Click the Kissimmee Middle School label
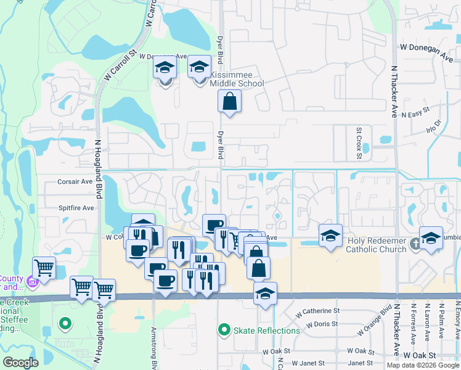pyautogui.click(x=237, y=79)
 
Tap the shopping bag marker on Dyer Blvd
pyautogui.click(x=229, y=102)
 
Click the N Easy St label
pyautogui.click(x=415, y=115)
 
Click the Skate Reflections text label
pyautogui.click(x=267, y=331)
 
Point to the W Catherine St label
pyautogui.click(x=317, y=311)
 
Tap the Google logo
pyautogui.click(x=21, y=363)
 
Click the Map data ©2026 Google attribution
pyautogui.click(x=423, y=365)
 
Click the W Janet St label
pyautogui.click(x=313, y=363)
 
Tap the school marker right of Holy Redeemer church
pyautogui.click(x=431, y=239)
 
